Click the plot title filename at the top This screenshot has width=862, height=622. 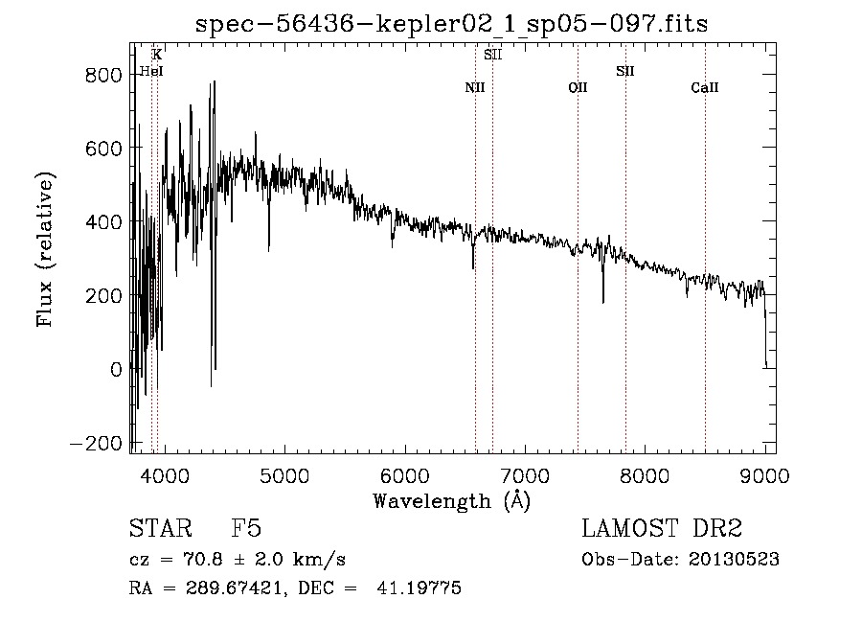pyautogui.click(x=451, y=24)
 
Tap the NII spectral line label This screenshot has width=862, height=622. pyautogui.click(x=475, y=87)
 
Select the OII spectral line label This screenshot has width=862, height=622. pyautogui.click(x=578, y=87)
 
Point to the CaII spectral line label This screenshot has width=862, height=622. pyautogui.click(x=705, y=87)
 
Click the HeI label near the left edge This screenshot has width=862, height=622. pyautogui.click(x=151, y=71)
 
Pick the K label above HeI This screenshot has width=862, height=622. pyautogui.click(x=157, y=55)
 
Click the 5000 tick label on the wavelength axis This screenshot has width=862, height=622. pyautogui.click(x=284, y=475)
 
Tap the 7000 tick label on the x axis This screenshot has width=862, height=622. pyautogui.click(x=525, y=475)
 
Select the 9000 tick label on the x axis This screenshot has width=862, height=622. pyautogui.click(x=764, y=475)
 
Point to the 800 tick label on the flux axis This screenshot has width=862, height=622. pyautogui.click(x=103, y=75)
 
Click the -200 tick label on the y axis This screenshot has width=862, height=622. pyautogui.click(x=96, y=444)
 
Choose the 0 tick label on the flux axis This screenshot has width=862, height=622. pyautogui.click(x=116, y=370)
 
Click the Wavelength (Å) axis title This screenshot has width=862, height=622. pyautogui.click(x=452, y=501)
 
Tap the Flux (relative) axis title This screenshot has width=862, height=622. pyautogui.click(x=45, y=249)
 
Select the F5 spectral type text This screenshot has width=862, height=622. pyautogui.click(x=246, y=528)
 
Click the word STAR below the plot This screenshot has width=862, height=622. pyautogui.click(x=161, y=528)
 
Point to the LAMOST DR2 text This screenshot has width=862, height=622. pyautogui.click(x=662, y=528)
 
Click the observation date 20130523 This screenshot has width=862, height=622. pyautogui.click(x=734, y=560)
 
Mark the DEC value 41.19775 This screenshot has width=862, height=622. pyautogui.click(x=419, y=587)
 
